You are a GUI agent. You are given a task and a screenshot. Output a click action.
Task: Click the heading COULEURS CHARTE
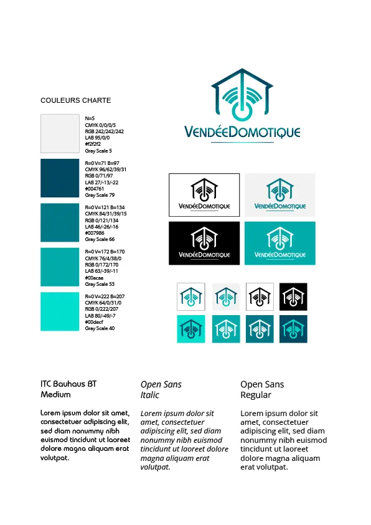(x=76, y=100)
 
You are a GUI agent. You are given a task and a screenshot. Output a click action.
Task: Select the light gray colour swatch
(x=60, y=133)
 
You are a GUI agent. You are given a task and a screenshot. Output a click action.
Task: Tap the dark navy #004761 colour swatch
(x=60, y=177)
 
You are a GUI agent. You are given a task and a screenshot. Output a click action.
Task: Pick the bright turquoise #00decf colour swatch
(x=60, y=311)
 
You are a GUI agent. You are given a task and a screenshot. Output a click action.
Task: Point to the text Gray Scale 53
(x=100, y=283)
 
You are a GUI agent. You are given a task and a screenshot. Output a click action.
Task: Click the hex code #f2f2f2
(x=93, y=144)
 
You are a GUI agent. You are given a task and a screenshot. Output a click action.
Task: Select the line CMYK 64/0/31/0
(x=103, y=303)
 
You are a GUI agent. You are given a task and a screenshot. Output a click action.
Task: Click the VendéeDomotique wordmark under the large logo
(x=242, y=132)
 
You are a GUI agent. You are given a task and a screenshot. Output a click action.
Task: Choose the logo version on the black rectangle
(x=204, y=243)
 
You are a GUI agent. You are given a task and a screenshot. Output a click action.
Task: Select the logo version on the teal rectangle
(x=279, y=243)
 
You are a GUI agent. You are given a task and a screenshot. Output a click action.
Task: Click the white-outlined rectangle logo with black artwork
(x=204, y=194)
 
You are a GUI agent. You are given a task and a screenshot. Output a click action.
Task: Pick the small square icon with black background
(x=293, y=296)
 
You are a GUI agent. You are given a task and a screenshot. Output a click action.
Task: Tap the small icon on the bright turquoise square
(x=191, y=329)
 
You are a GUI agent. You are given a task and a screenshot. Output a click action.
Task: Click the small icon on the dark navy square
(x=293, y=329)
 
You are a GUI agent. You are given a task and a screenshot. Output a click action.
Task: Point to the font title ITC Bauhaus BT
(x=68, y=384)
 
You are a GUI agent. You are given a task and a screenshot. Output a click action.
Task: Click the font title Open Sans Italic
(x=161, y=389)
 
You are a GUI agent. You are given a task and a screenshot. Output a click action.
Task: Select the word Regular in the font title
(x=256, y=395)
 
